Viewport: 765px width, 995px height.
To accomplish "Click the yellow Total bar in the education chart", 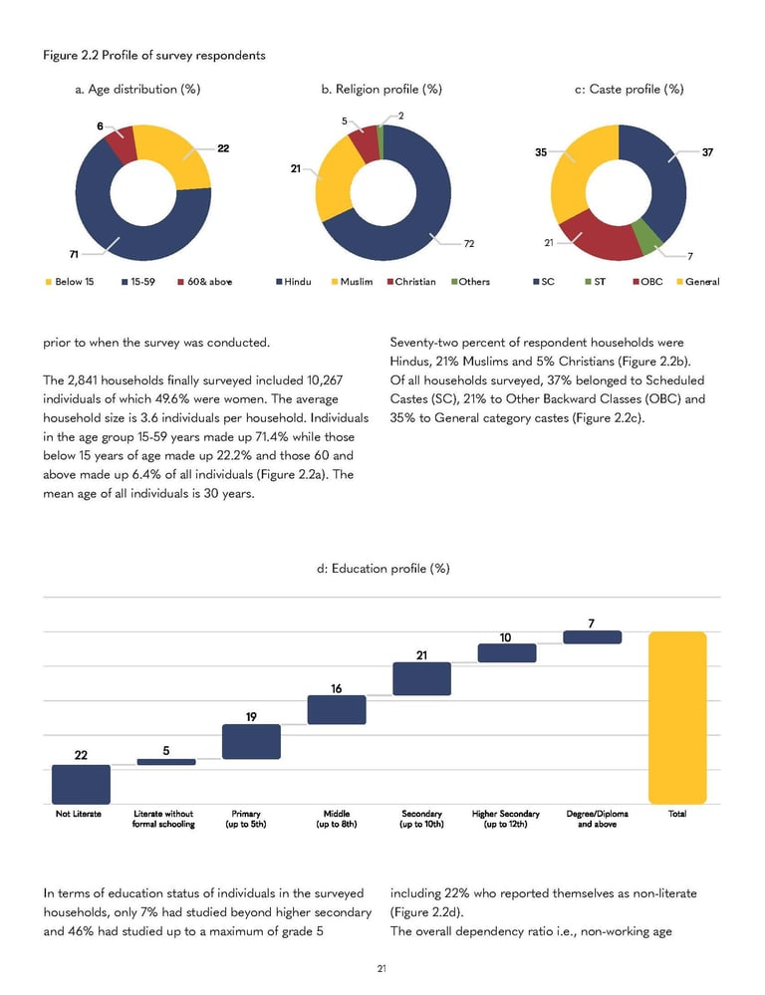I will click(677, 717).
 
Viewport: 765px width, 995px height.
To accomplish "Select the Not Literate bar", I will click(81, 784).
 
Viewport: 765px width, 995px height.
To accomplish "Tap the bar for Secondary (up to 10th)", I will click(422, 678).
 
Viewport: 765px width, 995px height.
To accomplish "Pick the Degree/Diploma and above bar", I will click(592, 636).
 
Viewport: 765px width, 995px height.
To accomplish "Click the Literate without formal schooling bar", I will click(166, 762).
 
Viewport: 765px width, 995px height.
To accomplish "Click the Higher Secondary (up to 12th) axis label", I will click(507, 819).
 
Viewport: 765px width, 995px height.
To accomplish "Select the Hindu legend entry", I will click(293, 281).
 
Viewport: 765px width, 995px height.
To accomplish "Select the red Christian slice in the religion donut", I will click(365, 142).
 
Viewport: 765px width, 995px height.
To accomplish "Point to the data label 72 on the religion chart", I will click(469, 242).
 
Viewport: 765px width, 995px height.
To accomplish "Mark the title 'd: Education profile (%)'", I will click(382, 568).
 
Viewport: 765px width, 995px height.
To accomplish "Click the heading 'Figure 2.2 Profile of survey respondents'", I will click(153, 55).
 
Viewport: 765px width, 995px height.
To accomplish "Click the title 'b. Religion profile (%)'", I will click(382, 90).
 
